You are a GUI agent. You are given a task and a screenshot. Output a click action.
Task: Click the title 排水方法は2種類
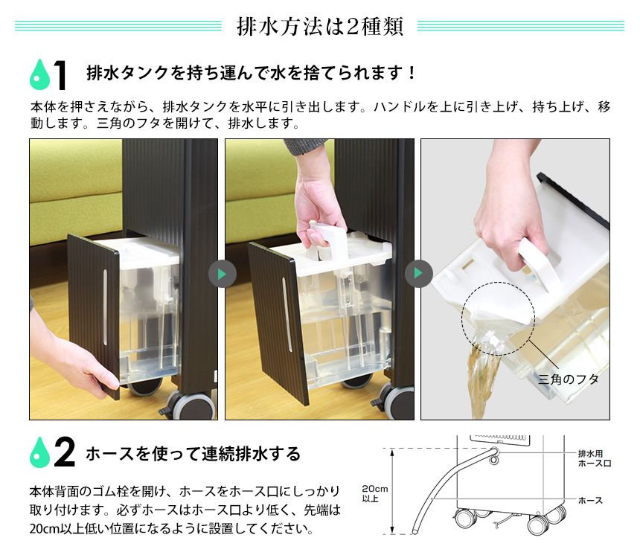pos(320,27)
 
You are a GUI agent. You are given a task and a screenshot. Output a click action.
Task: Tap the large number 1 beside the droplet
pos(60,74)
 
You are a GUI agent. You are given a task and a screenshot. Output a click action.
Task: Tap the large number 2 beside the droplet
pos(65,452)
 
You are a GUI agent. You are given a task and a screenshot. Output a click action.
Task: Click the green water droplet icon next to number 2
pos(39,452)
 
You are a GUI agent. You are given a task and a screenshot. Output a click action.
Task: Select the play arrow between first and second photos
pos(222,274)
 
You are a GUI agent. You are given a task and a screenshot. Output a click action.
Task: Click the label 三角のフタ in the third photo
pos(568,379)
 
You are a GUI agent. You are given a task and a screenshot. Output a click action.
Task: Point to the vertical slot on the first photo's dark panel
pos(105,307)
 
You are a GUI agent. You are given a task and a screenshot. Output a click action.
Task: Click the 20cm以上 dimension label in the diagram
pos(374,493)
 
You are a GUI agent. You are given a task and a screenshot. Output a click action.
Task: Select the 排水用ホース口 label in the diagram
pos(595,458)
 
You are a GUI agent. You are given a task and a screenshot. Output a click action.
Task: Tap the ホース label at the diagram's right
pos(590,501)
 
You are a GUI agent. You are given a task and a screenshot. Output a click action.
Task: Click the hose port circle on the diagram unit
pos(494,460)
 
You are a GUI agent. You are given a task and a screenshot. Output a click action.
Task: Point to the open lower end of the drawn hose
pos(415,531)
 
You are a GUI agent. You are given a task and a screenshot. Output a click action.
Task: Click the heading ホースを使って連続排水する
pos(193,454)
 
